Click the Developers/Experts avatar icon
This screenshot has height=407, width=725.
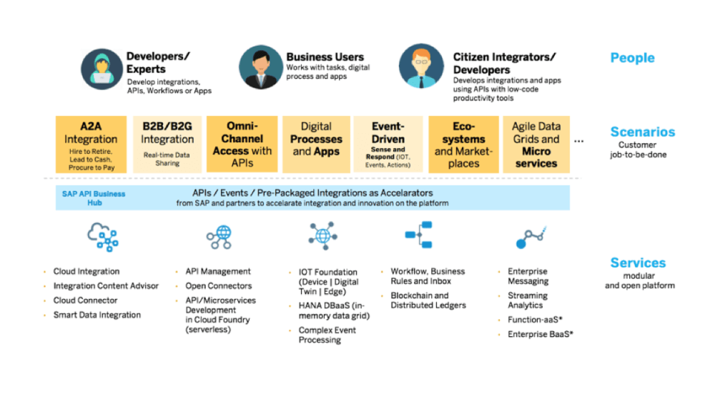point(102,68)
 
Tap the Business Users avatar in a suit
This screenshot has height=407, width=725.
point(260,67)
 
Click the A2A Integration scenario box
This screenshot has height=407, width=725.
point(91,144)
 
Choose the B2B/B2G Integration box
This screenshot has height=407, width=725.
point(167,144)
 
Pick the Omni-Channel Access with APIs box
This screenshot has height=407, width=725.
point(242,144)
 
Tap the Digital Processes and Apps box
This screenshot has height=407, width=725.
point(316,144)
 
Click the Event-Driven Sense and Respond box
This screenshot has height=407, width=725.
point(388,144)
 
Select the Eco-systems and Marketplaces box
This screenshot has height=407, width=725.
point(463,144)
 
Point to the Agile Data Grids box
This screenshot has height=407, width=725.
point(536,144)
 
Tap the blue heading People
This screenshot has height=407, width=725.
point(632,58)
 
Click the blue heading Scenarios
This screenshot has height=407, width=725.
point(642,132)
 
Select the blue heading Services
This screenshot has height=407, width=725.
point(638,263)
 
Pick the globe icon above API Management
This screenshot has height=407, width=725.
point(219,237)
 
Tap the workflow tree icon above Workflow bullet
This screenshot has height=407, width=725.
point(419,235)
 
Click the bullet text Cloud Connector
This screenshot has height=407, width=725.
point(85,300)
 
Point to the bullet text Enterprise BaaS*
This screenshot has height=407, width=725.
point(541,334)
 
